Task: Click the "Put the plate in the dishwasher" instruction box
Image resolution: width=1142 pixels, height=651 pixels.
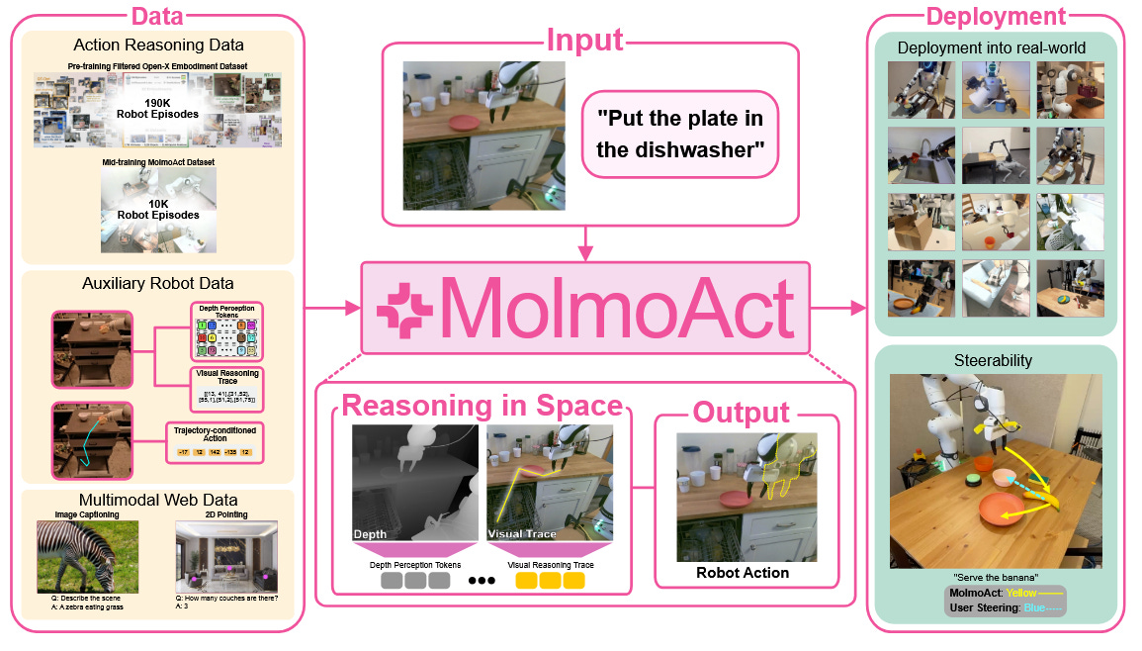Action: coord(680,134)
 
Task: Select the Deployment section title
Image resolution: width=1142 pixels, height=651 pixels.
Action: coord(996,15)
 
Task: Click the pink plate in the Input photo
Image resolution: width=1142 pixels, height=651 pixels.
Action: coord(465,122)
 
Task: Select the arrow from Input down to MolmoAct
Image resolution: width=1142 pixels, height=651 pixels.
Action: coord(586,243)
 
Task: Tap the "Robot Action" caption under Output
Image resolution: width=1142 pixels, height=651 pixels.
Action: coord(743,572)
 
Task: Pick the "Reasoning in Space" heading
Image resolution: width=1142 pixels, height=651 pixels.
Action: coord(483,407)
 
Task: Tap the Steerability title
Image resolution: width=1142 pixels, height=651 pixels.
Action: coord(995,362)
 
